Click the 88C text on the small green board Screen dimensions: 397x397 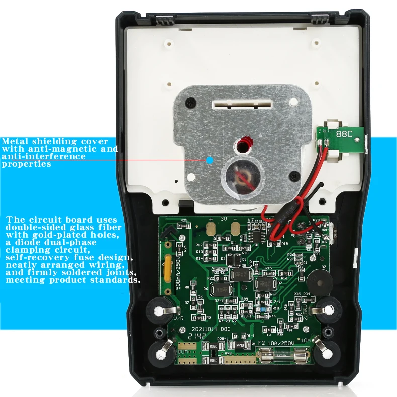(x=344, y=135)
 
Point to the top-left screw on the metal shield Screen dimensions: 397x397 (x=190, y=102)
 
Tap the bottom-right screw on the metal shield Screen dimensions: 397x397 (x=294, y=176)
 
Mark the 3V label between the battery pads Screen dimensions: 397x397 (x=223, y=219)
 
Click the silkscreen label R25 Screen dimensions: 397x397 (x=184, y=220)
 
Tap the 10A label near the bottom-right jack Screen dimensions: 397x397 (x=306, y=340)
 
